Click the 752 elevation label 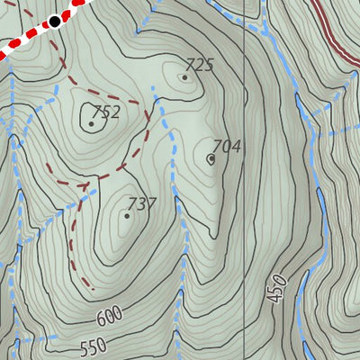tap(106, 112)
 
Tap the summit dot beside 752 tap(91, 124)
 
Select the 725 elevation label tap(199, 65)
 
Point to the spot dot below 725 tap(184, 77)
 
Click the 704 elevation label tap(226, 147)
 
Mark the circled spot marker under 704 tap(211, 159)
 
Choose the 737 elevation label tap(142, 204)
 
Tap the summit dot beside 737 tap(127, 216)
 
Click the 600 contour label tap(108, 316)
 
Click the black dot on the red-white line tap(55, 21)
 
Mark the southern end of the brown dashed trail tap(92, 290)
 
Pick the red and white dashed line tap(27, 36)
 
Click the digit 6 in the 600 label tap(97, 319)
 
